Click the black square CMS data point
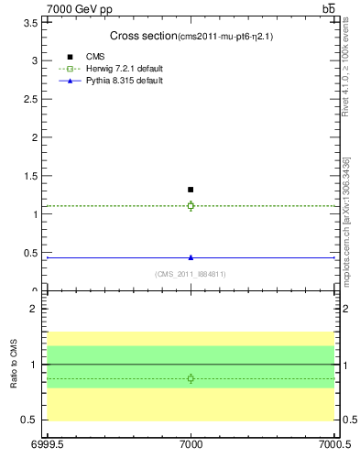tap(191, 190)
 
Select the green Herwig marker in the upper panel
tap(191, 205)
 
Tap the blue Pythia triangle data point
tap(191, 257)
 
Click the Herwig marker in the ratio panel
tap(191, 378)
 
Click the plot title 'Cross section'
tap(143, 36)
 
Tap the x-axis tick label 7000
tap(191, 446)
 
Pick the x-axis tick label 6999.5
tap(44, 446)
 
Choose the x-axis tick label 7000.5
tap(334, 446)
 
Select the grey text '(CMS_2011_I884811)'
tap(191, 274)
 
